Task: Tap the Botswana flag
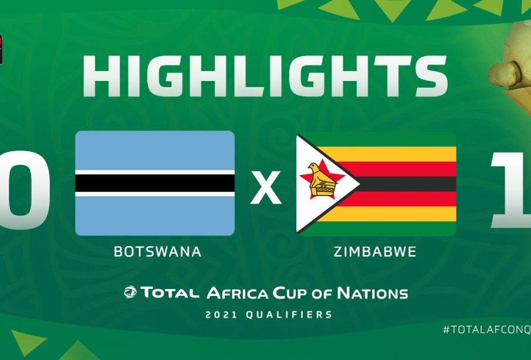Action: coord(155,183)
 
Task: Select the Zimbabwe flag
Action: coord(376,184)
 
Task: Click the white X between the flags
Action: coord(266,187)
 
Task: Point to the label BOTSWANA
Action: coord(157,251)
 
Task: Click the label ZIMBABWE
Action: coord(375,251)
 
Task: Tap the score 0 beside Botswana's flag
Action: coord(23,190)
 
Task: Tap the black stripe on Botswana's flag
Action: coord(155,183)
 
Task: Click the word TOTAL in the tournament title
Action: coord(170,292)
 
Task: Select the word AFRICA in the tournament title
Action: coord(238,293)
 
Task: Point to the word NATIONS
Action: coord(373,293)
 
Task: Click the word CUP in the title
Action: coord(290,293)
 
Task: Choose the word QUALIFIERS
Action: coord(289,315)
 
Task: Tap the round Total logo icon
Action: coord(130,292)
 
